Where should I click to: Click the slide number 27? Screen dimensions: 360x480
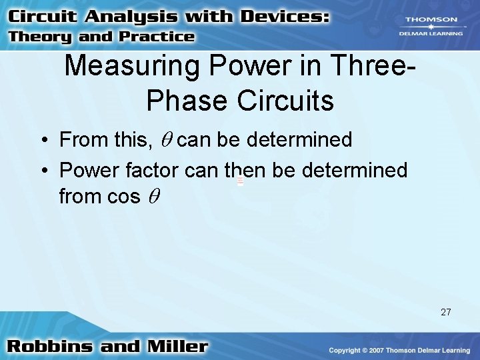[445, 311]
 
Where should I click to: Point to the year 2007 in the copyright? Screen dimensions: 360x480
[372, 351]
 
